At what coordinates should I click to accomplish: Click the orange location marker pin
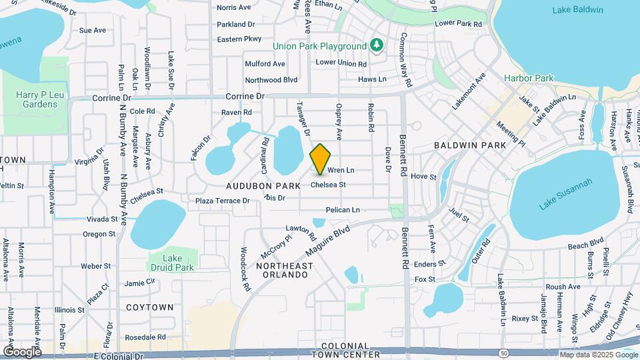pyautogui.click(x=321, y=159)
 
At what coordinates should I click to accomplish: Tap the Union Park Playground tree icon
pyautogui.click(x=377, y=45)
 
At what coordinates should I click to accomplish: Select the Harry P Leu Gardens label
pyautogui.click(x=36, y=99)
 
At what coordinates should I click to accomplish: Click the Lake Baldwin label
pyautogui.click(x=577, y=9)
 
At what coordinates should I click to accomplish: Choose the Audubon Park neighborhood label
pyautogui.click(x=263, y=185)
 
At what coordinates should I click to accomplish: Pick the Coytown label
pyautogui.click(x=149, y=307)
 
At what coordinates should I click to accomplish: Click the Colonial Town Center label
pyautogui.click(x=350, y=350)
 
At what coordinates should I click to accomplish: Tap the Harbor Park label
pyautogui.click(x=529, y=78)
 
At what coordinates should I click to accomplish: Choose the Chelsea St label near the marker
pyautogui.click(x=333, y=185)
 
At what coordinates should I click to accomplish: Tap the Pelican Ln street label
pyautogui.click(x=343, y=210)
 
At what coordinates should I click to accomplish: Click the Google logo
pyautogui.click(x=22, y=352)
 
